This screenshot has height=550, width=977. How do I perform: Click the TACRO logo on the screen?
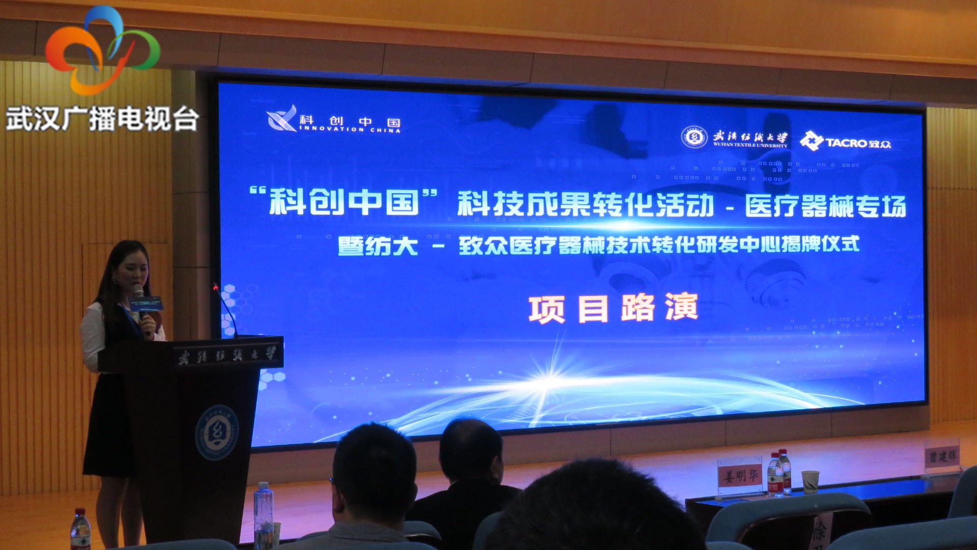tap(845, 141)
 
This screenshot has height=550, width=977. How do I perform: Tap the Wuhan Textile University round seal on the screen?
tap(694, 137)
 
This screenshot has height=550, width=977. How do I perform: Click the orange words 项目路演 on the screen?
tap(613, 309)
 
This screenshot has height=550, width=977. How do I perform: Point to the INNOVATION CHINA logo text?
tap(334, 121)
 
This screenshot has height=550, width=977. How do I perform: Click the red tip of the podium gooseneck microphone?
tap(216, 288)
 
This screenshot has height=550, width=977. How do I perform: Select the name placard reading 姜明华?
tap(740, 476)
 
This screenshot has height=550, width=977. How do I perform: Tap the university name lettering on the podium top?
tap(227, 355)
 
